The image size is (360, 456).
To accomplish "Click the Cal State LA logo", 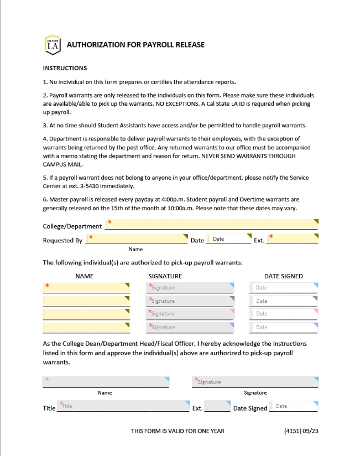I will point(52,45).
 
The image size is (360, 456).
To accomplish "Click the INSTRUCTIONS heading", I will point(65,69).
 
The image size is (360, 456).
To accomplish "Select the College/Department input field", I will point(212,224).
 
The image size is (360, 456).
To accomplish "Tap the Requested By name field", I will point(138,239).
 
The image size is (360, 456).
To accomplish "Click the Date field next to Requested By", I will point(228,239).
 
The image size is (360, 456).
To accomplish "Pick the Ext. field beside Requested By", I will point(293,239).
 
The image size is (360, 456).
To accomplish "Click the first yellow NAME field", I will point(86,288).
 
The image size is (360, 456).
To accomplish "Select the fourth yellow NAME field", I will point(86,327).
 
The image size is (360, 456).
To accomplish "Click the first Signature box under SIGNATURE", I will point(190,288).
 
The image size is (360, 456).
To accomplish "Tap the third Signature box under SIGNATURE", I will point(190,314).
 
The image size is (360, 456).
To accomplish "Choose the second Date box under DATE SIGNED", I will point(284,301).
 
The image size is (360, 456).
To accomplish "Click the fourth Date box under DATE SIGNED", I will point(284,327).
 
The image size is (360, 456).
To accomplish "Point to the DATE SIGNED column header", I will point(283,276).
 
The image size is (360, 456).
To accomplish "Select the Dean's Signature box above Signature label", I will point(255,382).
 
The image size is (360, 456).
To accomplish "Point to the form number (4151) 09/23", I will point(301,431).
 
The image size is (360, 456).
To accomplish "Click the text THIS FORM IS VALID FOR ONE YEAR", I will point(178,431).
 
